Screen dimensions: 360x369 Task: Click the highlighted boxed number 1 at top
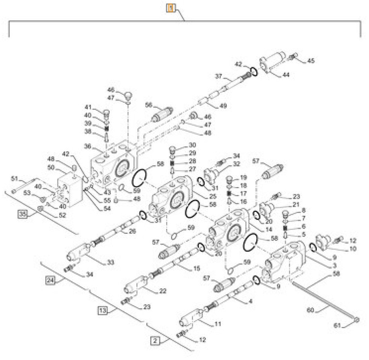click(170, 8)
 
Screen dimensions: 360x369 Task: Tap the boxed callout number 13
click(103, 310)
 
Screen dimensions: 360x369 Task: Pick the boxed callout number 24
click(50, 280)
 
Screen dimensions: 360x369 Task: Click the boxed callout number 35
click(23, 214)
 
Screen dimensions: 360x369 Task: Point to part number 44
click(286, 75)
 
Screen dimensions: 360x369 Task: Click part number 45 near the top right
click(311, 61)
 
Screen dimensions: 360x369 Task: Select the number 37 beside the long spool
click(218, 77)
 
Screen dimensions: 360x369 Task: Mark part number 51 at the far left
click(15, 178)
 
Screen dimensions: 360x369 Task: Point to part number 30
click(192, 145)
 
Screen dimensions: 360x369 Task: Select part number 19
click(243, 177)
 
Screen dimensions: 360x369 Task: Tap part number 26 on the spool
click(132, 231)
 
